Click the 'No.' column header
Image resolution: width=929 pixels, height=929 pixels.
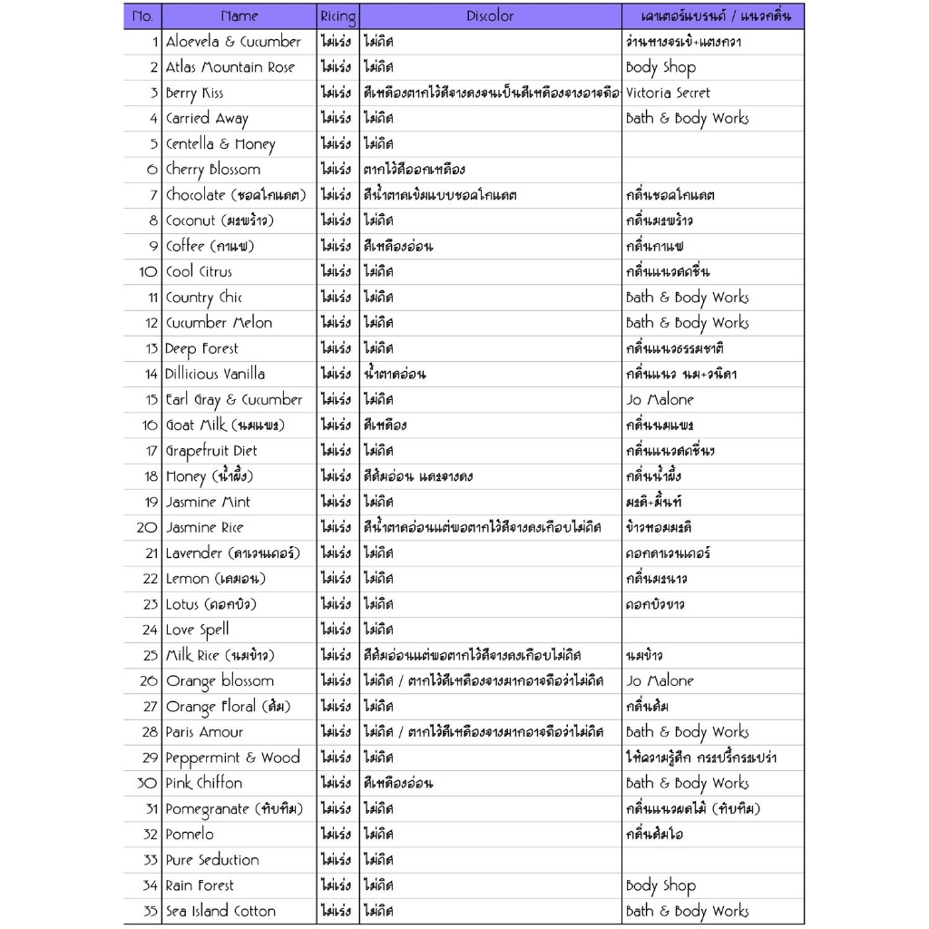point(142,16)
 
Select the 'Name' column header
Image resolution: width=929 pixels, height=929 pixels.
point(240,16)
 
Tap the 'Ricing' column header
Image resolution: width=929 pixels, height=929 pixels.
point(338,16)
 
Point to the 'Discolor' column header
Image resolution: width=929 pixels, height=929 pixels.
point(490,16)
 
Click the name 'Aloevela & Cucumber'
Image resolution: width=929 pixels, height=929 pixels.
point(233,42)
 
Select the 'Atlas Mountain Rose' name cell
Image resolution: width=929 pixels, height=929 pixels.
point(230,67)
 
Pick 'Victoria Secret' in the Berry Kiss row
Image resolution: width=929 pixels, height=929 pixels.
point(668,93)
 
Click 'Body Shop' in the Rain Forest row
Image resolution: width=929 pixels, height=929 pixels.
point(660,885)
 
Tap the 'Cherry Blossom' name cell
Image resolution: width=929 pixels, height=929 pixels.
point(213,170)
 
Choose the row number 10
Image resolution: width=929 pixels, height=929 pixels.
point(149,271)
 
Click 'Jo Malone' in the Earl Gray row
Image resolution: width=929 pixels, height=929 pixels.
point(660,399)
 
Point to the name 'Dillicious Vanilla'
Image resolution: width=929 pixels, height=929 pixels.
point(216,374)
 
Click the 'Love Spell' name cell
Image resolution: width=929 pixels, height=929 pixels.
point(198,630)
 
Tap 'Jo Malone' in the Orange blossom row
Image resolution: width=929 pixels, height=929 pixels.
point(660,680)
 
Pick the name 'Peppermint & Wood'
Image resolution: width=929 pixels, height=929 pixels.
point(232,758)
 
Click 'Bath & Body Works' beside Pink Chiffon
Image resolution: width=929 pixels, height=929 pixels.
point(687,783)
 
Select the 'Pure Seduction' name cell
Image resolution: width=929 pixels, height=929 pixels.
point(212,860)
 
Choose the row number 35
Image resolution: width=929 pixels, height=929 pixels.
point(150,911)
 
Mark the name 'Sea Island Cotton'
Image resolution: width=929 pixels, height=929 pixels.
point(220,911)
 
